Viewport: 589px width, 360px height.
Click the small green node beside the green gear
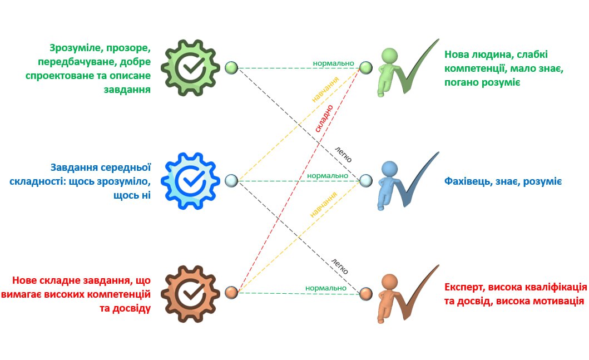point(231,68)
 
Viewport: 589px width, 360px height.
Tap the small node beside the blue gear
point(231,180)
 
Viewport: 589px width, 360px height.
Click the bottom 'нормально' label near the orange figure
point(326,288)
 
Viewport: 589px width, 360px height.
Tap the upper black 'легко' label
point(343,154)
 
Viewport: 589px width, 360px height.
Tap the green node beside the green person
point(365,68)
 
